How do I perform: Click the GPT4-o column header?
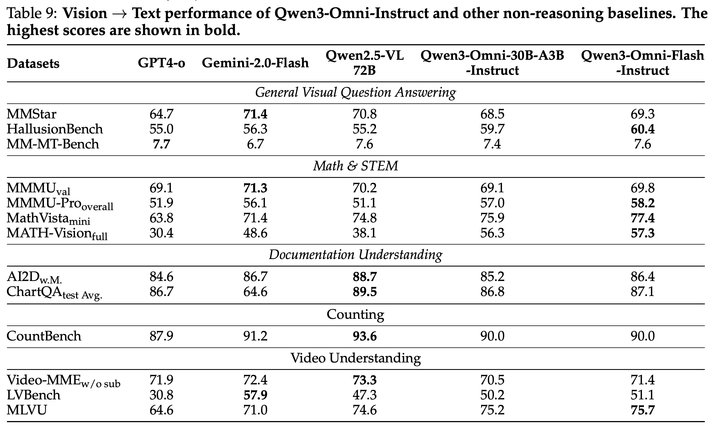point(161,63)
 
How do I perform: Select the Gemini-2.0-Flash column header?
point(255,63)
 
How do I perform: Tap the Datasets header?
point(33,63)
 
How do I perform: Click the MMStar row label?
point(31,114)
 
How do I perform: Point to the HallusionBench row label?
point(55,129)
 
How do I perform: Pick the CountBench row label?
point(44,336)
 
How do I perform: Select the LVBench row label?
point(33,395)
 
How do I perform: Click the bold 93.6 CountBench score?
point(365,336)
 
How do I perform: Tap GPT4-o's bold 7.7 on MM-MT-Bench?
point(161,144)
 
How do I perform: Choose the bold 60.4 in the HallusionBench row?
point(643,129)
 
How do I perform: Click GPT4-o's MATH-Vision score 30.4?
point(161,233)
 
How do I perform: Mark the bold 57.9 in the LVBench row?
point(255,395)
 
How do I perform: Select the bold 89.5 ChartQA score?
point(365,292)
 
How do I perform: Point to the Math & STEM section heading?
point(356,166)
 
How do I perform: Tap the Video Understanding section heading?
point(355,358)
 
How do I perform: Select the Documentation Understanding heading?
point(355,255)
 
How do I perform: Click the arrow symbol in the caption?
point(120,14)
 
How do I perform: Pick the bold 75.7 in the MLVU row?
point(643,410)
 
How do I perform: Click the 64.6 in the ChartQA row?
point(255,292)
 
